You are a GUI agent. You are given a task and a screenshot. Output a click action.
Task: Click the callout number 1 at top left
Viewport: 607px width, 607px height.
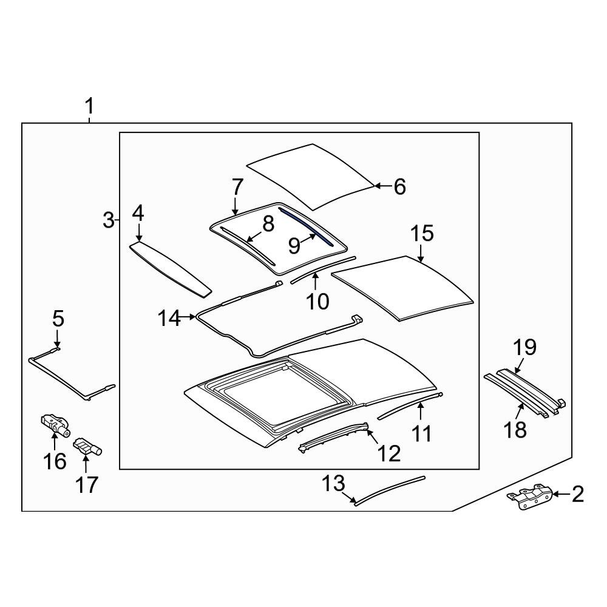coord(89,107)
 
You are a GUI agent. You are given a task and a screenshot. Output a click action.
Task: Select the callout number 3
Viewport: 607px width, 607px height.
coord(108,220)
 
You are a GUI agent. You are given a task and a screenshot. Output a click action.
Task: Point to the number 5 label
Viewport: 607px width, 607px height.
coord(58,318)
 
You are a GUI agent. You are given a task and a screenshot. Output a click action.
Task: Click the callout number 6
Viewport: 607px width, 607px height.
coord(399,187)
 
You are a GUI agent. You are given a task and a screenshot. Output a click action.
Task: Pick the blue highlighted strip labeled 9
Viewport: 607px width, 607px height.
coord(307,225)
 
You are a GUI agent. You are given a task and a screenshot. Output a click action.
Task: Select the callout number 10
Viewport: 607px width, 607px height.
coord(317,300)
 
